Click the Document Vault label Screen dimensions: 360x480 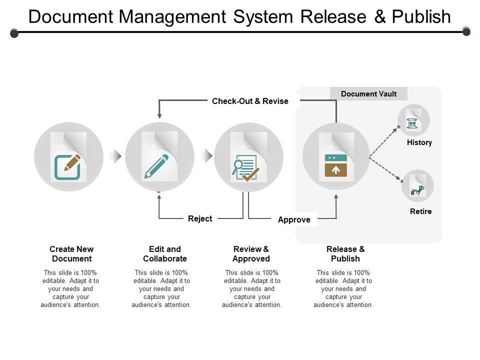(368, 94)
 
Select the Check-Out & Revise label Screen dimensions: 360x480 (250, 101)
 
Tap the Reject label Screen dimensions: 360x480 (200, 218)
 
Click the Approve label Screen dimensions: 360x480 (294, 219)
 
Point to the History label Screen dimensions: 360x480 (419, 142)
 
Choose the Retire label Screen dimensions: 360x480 (420, 211)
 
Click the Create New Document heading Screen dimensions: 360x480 (71, 254)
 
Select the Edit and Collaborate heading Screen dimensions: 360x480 (164, 254)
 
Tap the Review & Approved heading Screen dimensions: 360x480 (251, 254)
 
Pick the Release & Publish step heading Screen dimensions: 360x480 (345, 254)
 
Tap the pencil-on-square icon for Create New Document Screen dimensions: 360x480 (68, 167)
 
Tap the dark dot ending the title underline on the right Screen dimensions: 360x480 (466, 32)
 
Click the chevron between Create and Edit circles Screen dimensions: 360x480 (116, 156)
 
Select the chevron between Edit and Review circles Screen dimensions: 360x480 (206, 156)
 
